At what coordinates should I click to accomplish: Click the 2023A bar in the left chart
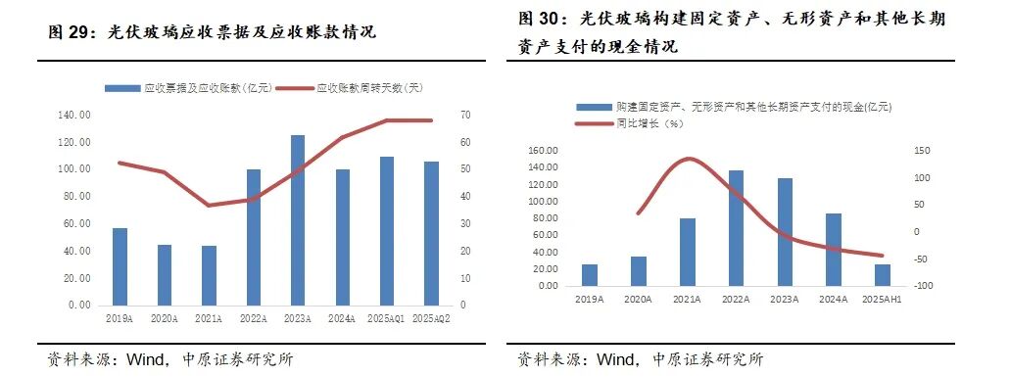[298, 220]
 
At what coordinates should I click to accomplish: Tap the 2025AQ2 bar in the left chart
[431, 233]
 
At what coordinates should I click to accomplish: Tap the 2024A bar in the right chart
[833, 250]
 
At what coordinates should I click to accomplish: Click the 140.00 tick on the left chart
[75, 116]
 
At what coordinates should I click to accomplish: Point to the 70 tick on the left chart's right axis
[465, 116]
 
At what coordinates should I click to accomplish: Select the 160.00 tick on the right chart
[543, 151]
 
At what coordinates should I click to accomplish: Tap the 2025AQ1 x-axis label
[385, 319]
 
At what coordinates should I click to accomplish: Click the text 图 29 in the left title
[67, 32]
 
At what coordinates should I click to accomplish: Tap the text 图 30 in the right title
[538, 19]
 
